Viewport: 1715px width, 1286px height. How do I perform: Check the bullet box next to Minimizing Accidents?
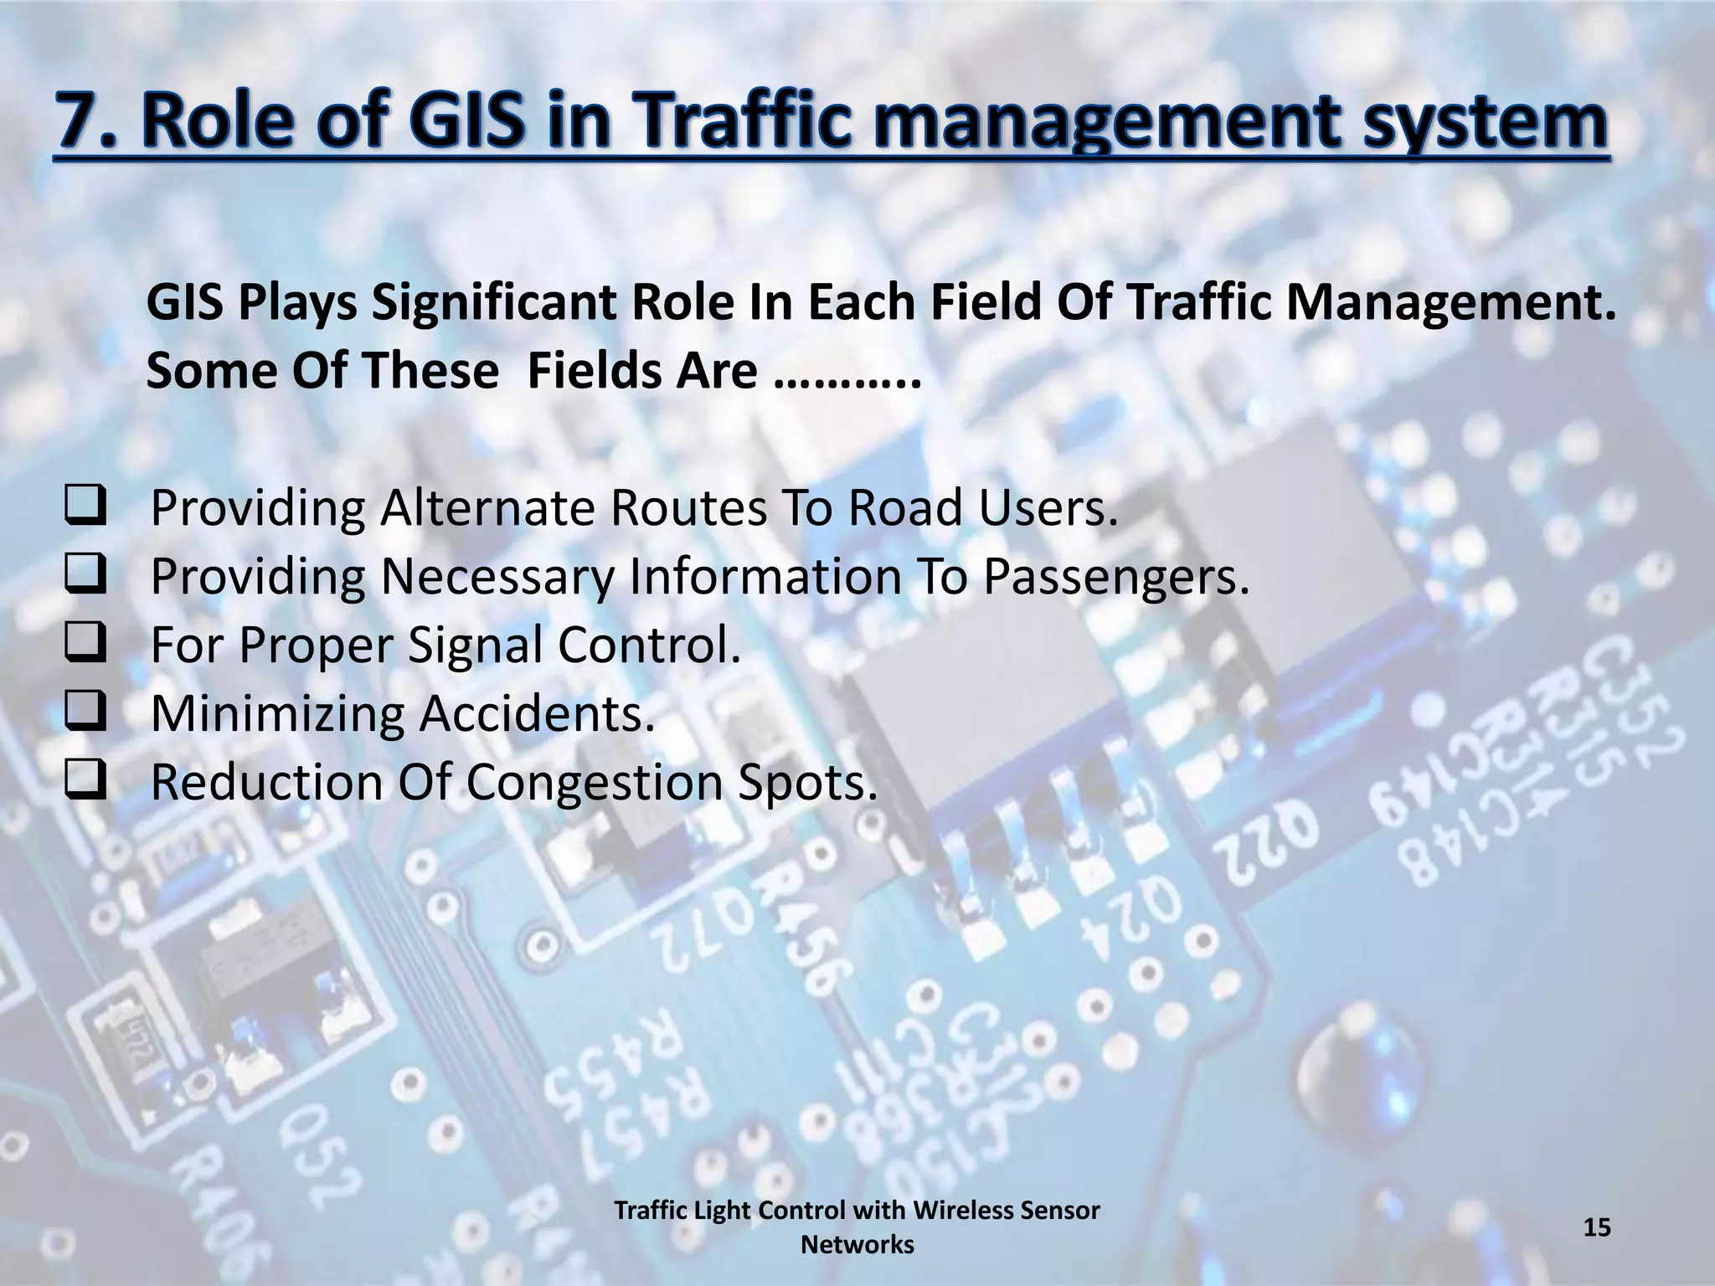coord(85,712)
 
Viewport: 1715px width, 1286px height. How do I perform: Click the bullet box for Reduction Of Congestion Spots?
coord(85,781)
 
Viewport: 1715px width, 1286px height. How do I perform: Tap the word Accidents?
coord(536,713)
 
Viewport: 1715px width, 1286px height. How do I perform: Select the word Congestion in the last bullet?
coord(594,782)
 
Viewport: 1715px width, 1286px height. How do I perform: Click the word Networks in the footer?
coord(857,1245)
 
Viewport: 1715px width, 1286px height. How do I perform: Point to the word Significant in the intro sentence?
coord(493,303)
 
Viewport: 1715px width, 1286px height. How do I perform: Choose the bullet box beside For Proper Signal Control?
coord(85,644)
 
